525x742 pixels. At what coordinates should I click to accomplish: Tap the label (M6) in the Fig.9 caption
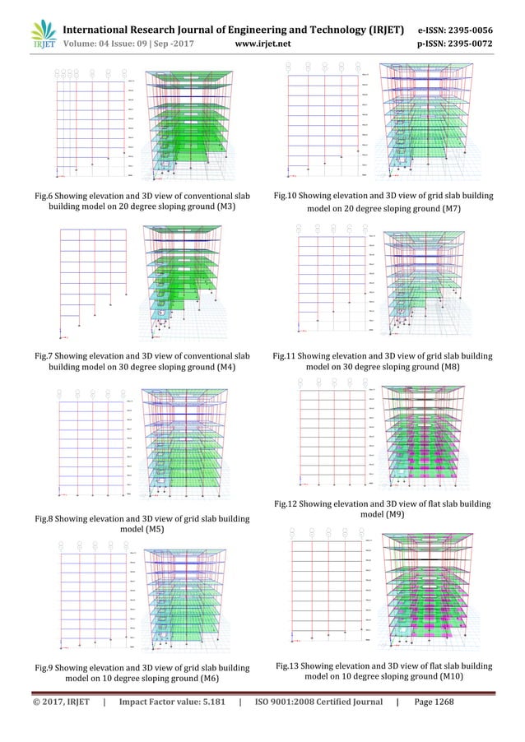[x=212, y=679]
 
